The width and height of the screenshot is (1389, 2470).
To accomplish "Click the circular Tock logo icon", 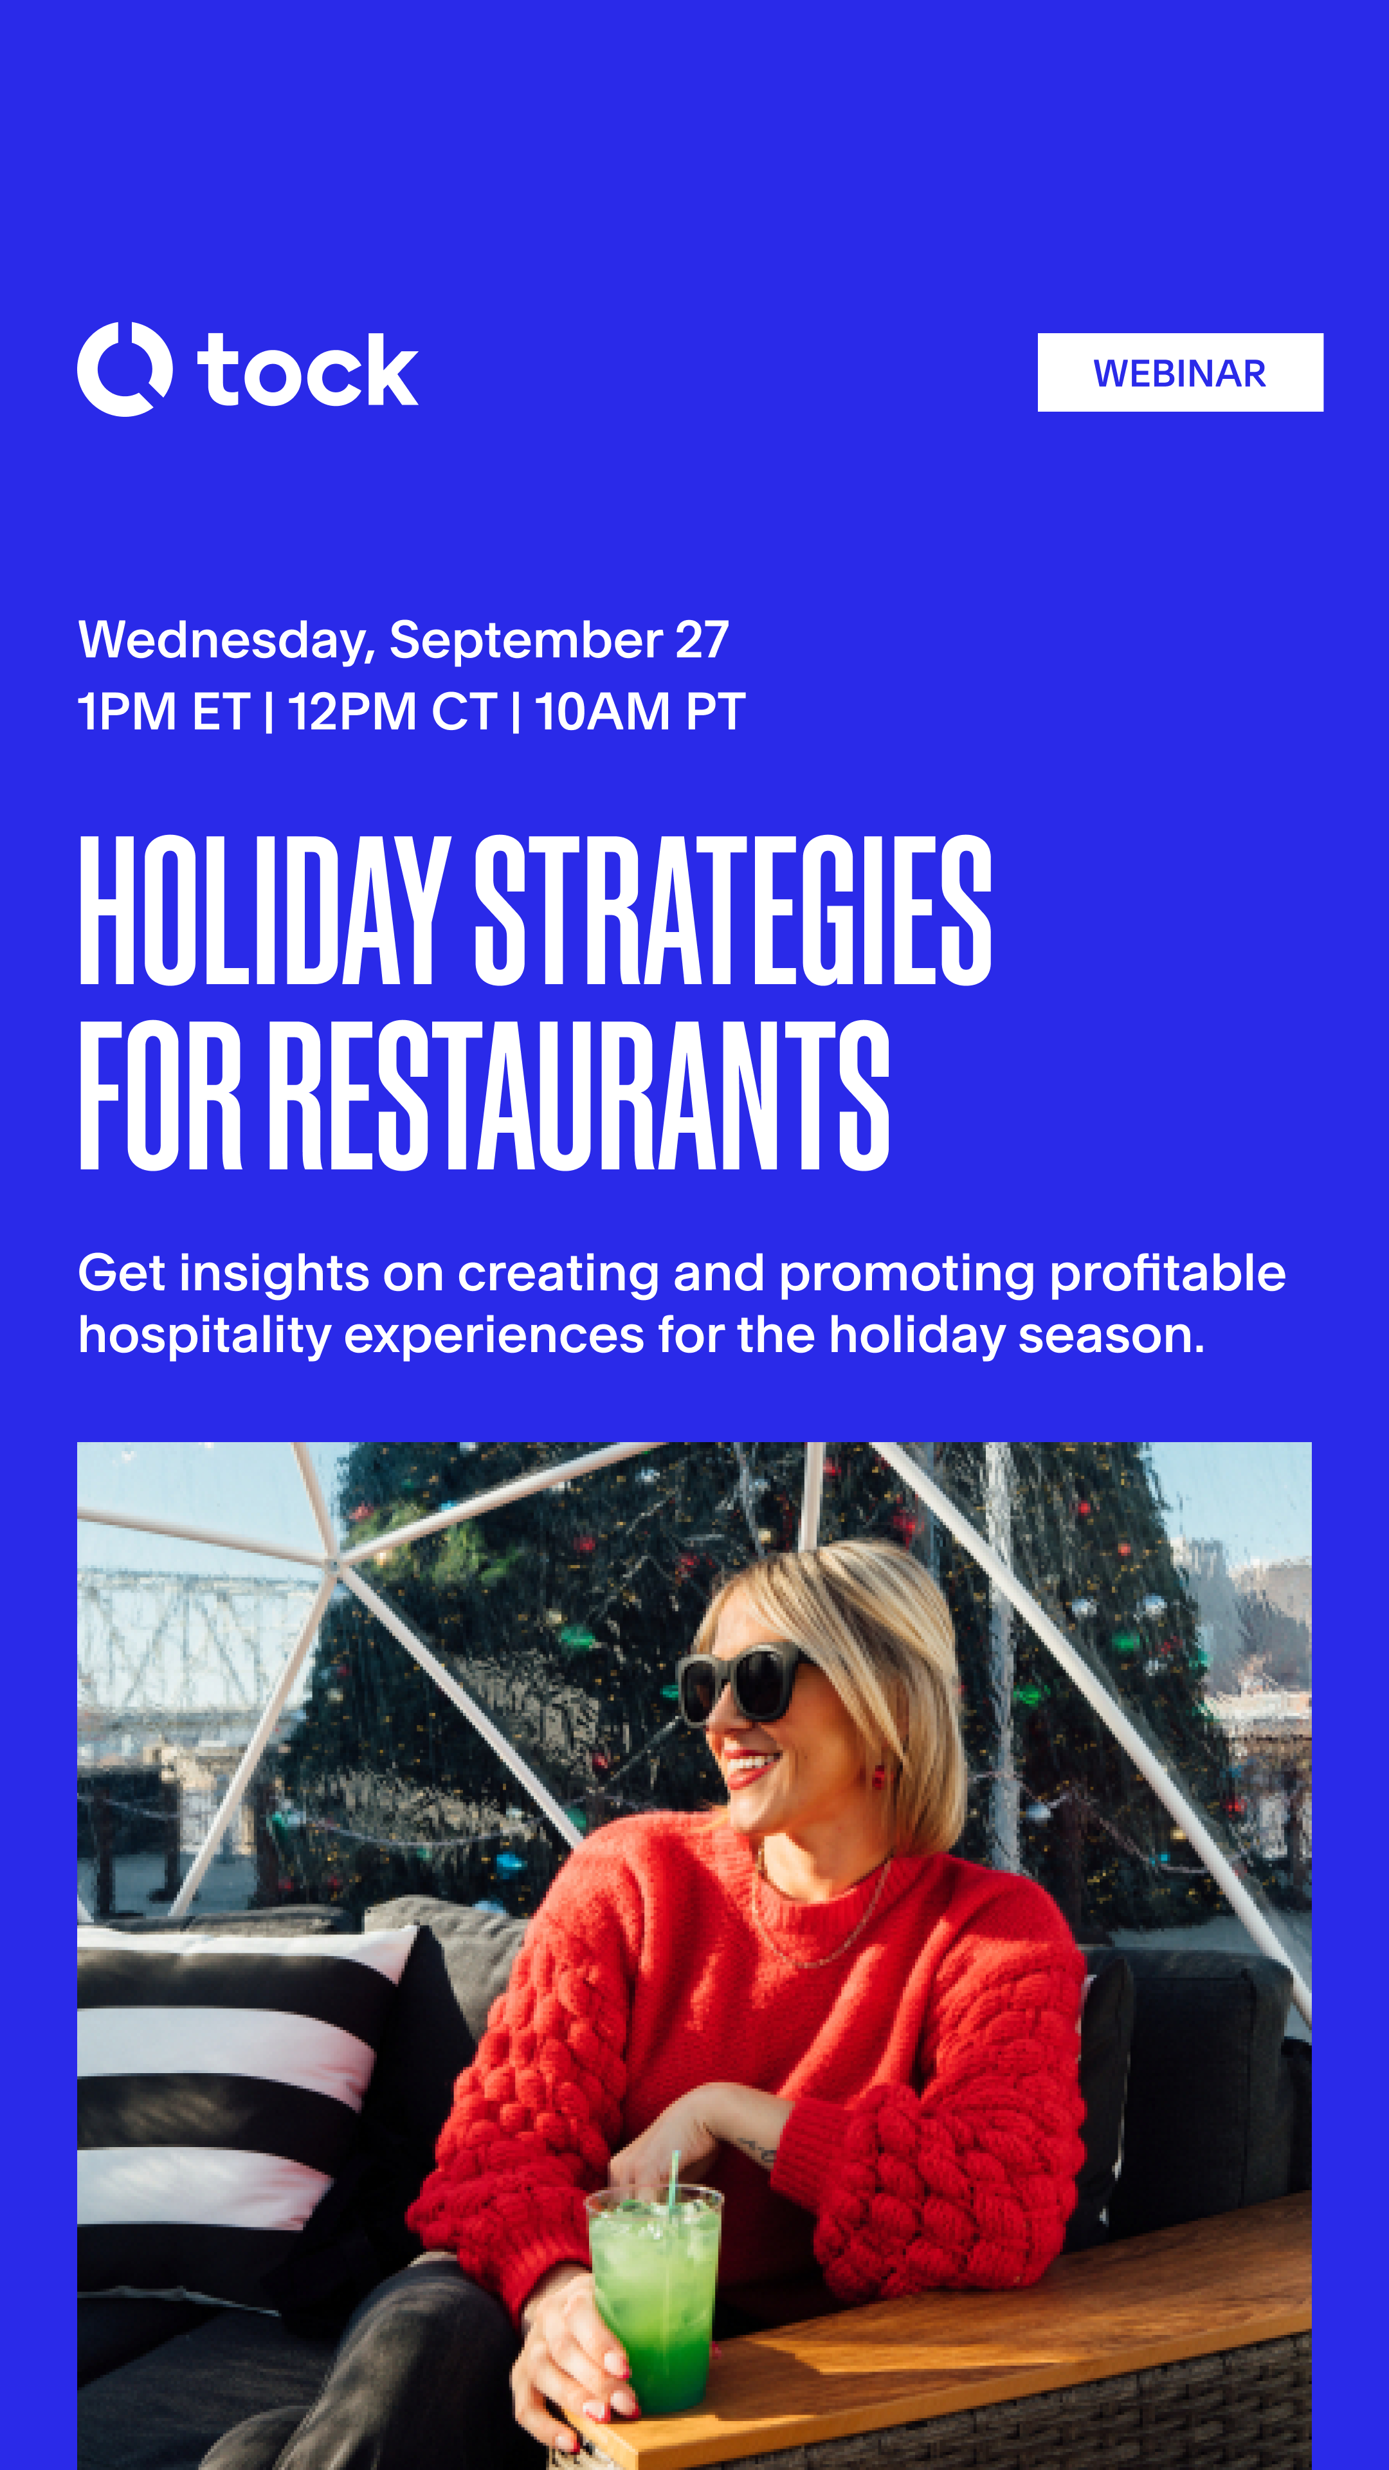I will (125, 369).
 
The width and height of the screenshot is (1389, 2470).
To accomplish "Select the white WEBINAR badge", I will (1179, 372).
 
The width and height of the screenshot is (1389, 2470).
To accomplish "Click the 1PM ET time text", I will (163, 711).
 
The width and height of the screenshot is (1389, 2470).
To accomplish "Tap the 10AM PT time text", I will (639, 711).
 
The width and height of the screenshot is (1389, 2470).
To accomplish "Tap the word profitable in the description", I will (1167, 1274).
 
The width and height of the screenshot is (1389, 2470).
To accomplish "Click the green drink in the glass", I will (655, 2301).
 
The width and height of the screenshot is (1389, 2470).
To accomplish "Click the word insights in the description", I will (274, 1274).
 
